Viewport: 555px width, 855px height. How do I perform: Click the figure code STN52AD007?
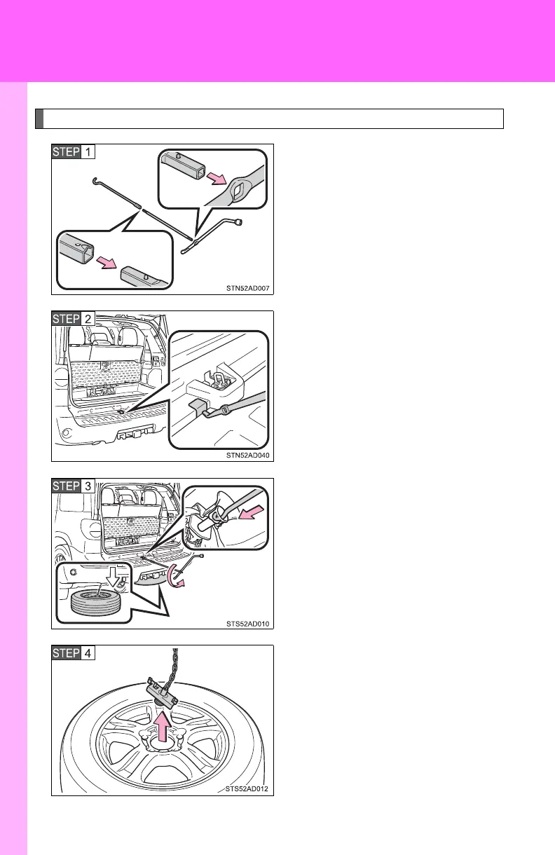246,287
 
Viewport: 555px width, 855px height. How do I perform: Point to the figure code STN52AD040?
246,455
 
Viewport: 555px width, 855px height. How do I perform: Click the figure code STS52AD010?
246,622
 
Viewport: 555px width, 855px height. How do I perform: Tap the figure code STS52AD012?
246,790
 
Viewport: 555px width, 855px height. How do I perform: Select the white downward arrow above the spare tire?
109,573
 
